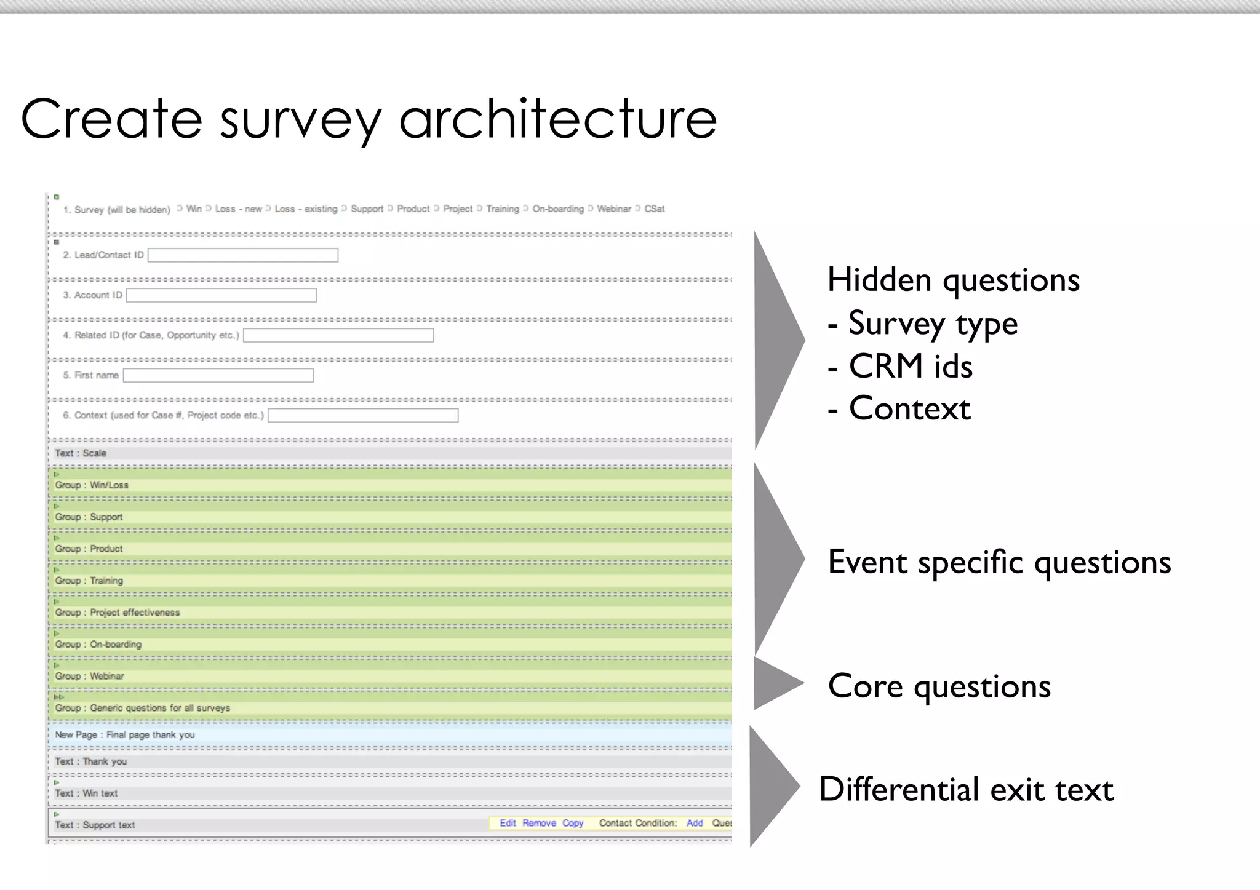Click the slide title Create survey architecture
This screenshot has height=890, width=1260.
369,119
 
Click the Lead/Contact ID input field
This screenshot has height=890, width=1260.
242,255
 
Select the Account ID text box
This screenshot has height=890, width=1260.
221,295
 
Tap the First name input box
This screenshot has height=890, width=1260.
218,375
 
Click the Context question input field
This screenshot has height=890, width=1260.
363,416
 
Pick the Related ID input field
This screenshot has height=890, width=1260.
338,335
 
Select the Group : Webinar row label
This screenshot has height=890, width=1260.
89,676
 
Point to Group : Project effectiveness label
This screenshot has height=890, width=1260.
118,613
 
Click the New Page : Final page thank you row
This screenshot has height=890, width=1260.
125,734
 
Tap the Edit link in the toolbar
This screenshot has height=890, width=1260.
508,823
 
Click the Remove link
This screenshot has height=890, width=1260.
539,823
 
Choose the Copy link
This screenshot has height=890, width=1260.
572,823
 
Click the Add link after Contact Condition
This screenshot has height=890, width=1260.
694,823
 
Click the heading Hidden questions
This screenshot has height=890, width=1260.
952,280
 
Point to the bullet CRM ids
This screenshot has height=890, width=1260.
910,366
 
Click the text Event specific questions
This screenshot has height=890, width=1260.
999,562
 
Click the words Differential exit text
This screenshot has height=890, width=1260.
966,789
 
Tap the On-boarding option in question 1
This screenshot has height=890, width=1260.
557,209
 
